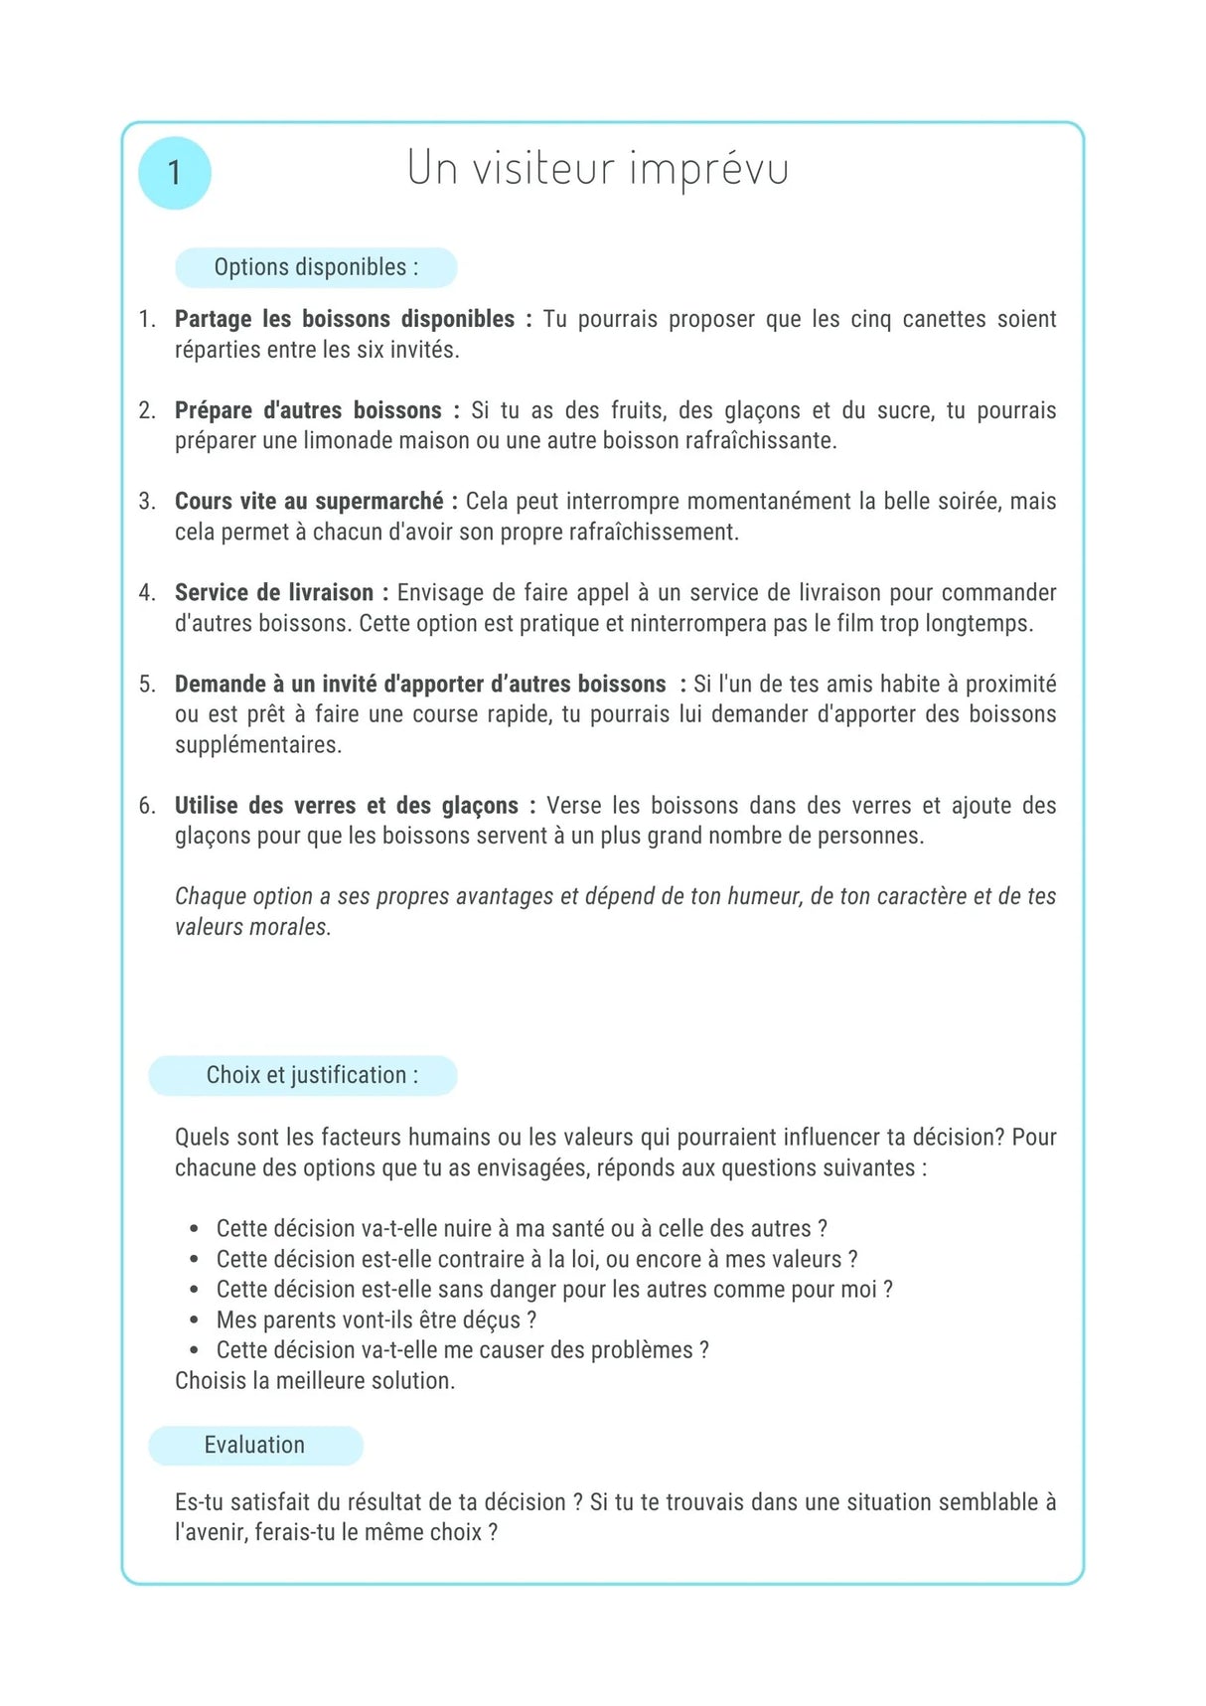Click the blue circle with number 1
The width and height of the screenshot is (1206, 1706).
(175, 173)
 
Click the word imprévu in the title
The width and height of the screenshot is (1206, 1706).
(709, 169)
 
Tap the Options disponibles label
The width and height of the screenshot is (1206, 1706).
(316, 267)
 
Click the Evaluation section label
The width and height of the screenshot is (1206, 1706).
(254, 1445)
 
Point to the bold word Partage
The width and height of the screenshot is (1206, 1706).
(213, 319)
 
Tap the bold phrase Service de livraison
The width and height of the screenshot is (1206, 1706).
(274, 592)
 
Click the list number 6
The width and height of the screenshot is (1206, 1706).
(147, 806)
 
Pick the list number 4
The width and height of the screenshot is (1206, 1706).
(147, 593)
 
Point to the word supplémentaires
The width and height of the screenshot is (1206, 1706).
(258, 744)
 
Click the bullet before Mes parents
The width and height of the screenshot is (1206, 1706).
(195, 1320)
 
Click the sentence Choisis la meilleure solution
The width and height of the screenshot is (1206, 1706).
(315, 1380)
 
